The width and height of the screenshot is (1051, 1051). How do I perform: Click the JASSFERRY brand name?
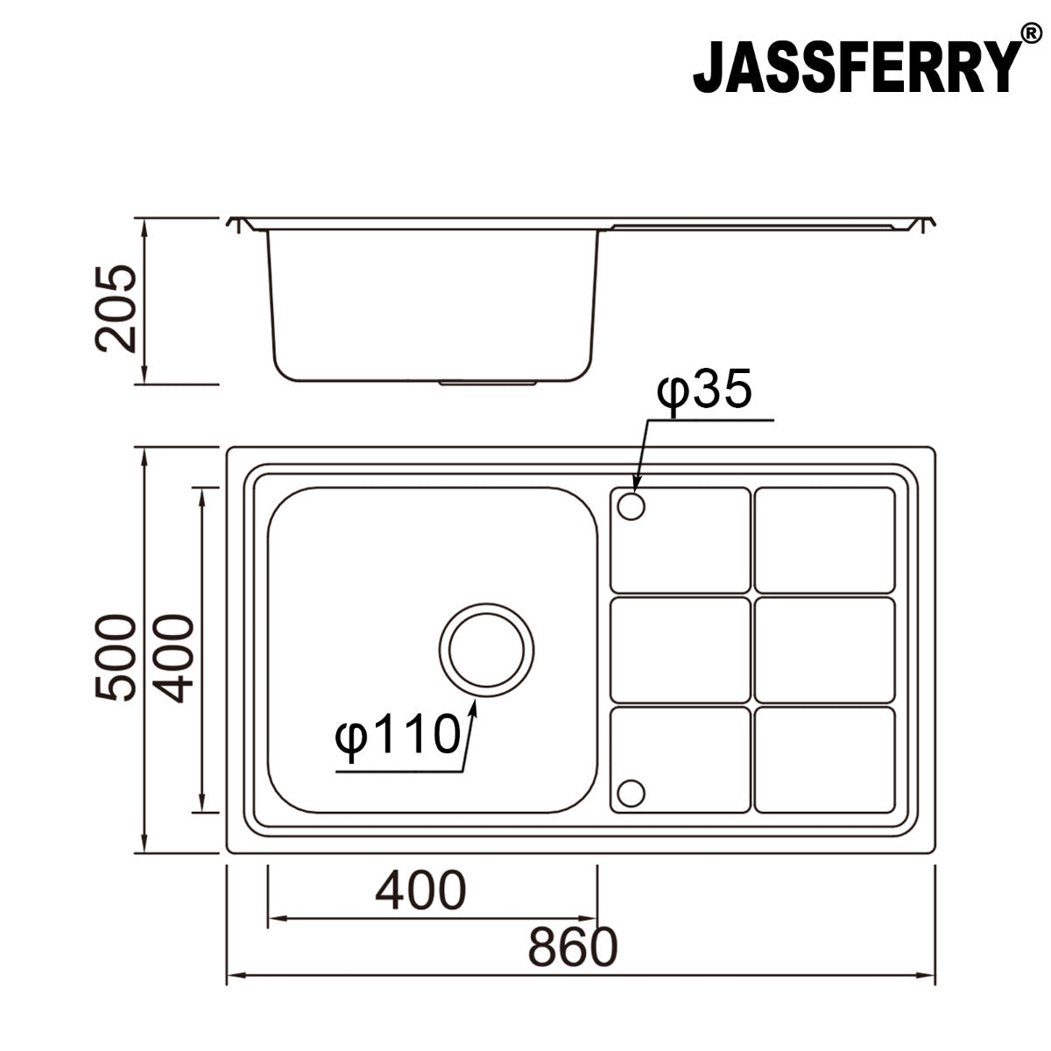click(x=857, y=66)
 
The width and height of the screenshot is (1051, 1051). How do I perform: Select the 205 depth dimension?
click(x=116, y=308)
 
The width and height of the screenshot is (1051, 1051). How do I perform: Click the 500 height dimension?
click(x=116, y=657)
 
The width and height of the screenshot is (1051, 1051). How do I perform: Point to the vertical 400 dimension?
click(x=173, y=659)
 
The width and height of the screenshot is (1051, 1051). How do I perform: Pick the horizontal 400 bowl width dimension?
click(x=420, y=891)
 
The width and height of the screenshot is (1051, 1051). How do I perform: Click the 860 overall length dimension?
click(x=573, y=947)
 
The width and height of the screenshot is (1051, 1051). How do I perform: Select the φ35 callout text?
click(x=705, y=391)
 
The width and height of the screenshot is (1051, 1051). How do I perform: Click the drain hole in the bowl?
click(x=486, y=651)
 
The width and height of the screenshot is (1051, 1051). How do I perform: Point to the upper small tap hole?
click(x=631, y=505)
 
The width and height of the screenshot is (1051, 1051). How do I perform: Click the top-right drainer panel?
click(x=824, y=540)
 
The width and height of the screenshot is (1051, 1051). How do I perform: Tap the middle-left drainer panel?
click(x=680, y=649)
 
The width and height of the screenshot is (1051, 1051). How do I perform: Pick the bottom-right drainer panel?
click(x=824, y=758)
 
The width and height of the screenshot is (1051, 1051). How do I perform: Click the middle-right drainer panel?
click(x=824, y=649)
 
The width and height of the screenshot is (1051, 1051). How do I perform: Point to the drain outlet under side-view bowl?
click(x=488, y=383)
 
